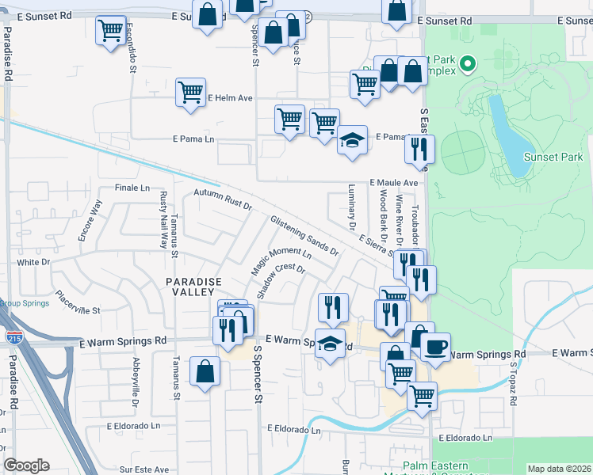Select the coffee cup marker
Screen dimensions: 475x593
[x=436, y=346]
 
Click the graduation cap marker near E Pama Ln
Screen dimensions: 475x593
[x=352, y=140]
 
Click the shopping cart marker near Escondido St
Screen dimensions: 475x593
[x=110, y=31]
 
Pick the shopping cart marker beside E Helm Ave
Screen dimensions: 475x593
[x=190, y=93]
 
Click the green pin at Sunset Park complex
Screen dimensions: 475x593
[x=468, y=63]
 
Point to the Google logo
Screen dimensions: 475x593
[x=26, y=465]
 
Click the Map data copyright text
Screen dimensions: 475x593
[x=559, y=469]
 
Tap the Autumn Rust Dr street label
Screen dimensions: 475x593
[x=223, y=200]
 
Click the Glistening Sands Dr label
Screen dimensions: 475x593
[x=304, y=236]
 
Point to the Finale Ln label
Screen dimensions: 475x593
[x=132, y=188]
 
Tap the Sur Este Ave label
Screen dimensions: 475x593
[x=146, y=469]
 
